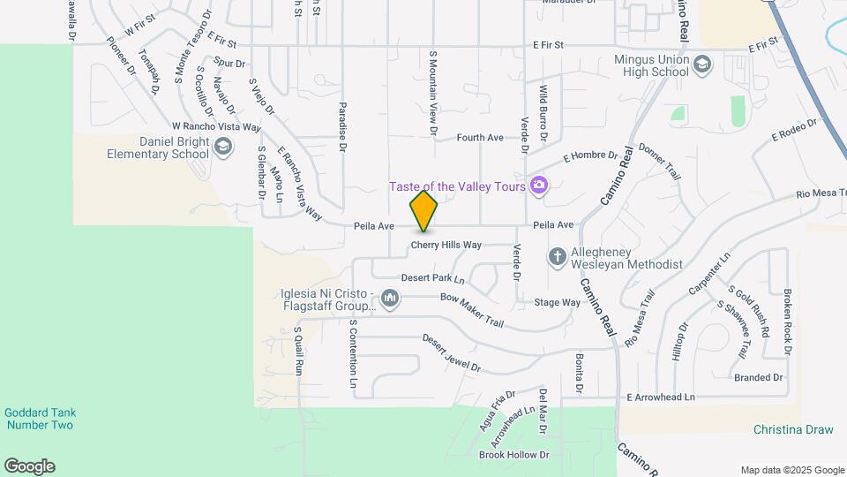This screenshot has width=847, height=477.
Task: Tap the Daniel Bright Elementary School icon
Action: coord(223,147)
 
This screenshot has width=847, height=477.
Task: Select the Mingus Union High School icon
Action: coord(702,64)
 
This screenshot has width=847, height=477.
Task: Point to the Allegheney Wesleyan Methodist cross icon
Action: coord(557,257)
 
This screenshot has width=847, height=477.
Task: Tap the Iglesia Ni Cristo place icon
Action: coord(390,300)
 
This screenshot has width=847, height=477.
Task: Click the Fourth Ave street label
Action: coord(480,138)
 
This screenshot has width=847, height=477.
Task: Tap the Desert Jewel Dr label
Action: coord(451,352)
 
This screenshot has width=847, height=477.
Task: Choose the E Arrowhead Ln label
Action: coord(661,397)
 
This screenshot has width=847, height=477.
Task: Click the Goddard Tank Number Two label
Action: coord(38,419)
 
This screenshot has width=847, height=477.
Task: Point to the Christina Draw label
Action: coord(793,430)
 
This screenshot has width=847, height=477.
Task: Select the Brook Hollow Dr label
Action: coord(513,456)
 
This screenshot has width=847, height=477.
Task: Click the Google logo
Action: coord(29,466)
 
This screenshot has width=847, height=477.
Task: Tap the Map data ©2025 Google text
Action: coord(792,470)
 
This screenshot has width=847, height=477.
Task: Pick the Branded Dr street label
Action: coord(758,377)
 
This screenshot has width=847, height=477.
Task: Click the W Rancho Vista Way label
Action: coord(217,126)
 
